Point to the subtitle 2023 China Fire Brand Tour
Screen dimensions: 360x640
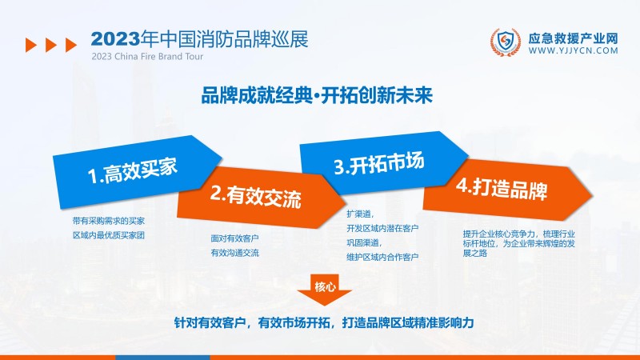point(147,58)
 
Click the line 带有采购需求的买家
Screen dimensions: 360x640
point(108,220)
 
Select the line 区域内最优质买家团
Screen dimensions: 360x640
point(108,235)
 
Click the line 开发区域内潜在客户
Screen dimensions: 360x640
point(382,228)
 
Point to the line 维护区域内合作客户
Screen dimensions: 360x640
point(382,257)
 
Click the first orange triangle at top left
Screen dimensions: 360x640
point(30,45)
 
